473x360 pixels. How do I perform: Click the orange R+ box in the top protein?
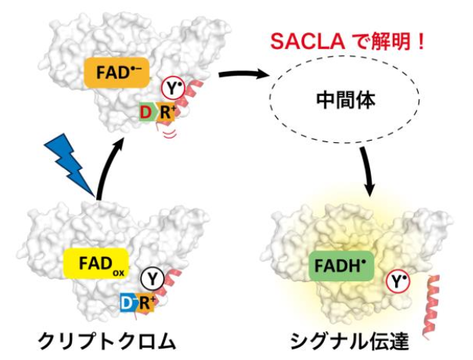coord(165,114)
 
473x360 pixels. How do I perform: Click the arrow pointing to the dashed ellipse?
coord(244,76)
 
